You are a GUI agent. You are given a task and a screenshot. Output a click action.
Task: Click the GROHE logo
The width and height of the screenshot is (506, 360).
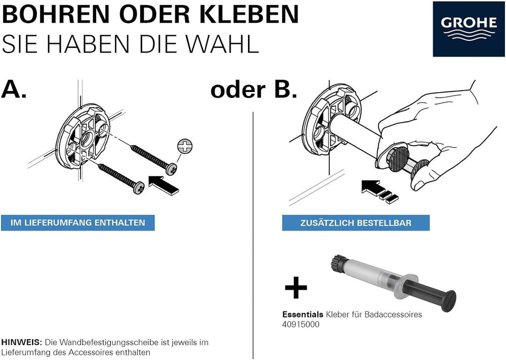tap(469, 28)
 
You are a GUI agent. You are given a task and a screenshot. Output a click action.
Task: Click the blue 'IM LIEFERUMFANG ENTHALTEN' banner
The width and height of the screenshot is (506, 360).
tap(78, 222)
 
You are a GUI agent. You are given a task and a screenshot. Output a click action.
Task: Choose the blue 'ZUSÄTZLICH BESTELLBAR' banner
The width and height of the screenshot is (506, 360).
tap(356, 223)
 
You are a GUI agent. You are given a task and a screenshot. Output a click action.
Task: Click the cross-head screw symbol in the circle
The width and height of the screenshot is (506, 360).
tap(185, 146)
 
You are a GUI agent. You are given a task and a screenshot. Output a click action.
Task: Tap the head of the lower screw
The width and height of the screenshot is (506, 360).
tap(139, 188)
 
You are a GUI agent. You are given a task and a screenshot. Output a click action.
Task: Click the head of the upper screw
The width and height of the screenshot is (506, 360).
tap(172, 169)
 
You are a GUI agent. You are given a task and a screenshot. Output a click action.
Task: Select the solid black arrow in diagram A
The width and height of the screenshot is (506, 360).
tap(163, 185)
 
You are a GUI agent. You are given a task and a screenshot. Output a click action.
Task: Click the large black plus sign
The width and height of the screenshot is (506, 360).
tap(296, 287)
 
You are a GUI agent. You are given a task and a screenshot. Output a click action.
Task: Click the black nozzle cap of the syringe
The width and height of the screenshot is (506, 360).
tap(339, 262)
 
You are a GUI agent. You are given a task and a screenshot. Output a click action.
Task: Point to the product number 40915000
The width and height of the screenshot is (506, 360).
tap(301, 324)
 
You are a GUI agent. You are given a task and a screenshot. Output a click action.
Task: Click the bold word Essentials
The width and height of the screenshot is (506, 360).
tap(303, 314)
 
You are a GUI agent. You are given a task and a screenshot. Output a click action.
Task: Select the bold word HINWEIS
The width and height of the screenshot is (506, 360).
tap(22, 342)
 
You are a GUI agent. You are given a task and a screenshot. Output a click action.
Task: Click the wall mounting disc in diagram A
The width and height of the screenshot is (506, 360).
tap(83, 136)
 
